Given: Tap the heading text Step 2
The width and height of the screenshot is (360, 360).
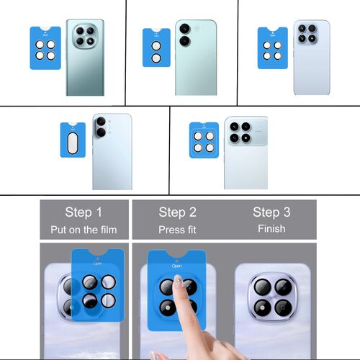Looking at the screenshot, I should (x=176, y=212).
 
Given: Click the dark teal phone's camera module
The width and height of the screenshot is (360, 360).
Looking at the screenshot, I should (x=85, y=37).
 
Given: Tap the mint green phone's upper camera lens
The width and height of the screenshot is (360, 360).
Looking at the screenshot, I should (x=185, y=30).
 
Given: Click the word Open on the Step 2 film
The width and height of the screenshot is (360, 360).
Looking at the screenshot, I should (x=177, y=265).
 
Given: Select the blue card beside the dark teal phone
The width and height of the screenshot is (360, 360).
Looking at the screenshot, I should (x=45, y=48).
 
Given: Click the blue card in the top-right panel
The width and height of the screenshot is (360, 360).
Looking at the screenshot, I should (x=272, y=48).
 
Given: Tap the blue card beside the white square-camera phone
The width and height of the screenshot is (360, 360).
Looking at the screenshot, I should (x=204, y=138).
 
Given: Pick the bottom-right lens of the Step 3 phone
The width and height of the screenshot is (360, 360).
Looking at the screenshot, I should (x=281, y=308).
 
